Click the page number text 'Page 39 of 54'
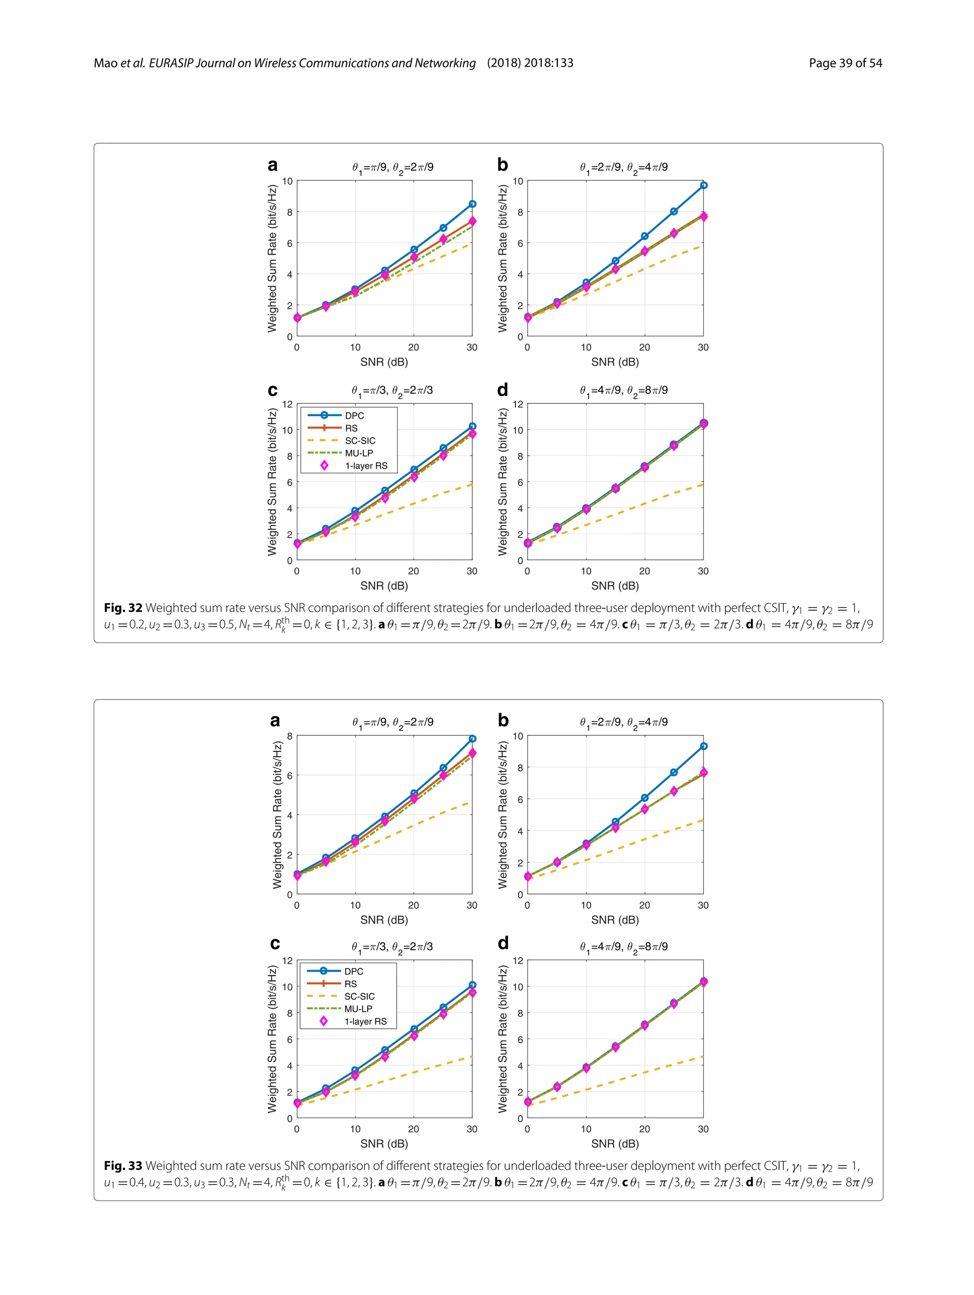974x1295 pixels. (845, 63)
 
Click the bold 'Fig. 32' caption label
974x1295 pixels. (123, 608)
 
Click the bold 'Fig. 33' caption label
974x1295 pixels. (123, 1166)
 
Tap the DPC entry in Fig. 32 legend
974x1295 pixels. (354, 416)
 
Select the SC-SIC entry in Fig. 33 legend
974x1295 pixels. (359, 996)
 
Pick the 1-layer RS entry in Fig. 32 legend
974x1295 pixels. (366, 466)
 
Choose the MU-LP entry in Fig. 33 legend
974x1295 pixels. (358, 1009)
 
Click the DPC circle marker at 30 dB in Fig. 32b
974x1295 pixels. (703, 185)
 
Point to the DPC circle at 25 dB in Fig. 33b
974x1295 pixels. (674, 772)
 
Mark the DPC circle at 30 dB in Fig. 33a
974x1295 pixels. (472, 739)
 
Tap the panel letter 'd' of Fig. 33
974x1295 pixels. (503, 943)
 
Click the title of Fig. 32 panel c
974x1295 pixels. (392, 390)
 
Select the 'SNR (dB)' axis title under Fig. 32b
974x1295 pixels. (614, 362)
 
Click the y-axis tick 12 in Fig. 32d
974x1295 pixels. (517, 404)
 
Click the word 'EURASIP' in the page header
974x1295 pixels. (170, 63)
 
